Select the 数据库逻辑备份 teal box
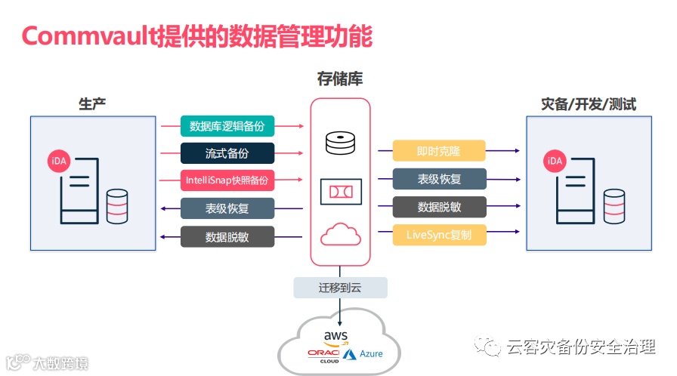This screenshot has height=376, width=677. point(227,125)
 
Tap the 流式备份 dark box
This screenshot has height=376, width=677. point(227,153)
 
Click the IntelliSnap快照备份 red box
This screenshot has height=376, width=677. point(227,180)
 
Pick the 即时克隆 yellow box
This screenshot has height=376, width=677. point(439,151)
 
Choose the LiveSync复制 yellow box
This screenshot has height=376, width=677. point(439,235)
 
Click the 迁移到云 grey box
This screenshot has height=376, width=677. point(340,287)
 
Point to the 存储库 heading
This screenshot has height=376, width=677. point(340,79)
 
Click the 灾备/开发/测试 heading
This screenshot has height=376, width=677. point(589,104)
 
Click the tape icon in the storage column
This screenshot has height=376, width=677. point(340,192)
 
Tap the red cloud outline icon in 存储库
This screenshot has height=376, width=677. point(340,235)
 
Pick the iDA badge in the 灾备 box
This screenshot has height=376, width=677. point(555,161)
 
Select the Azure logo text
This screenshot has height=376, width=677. point(370,353)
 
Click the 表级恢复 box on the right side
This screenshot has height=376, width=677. point(439,179)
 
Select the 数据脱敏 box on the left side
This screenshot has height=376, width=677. point(227,237)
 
